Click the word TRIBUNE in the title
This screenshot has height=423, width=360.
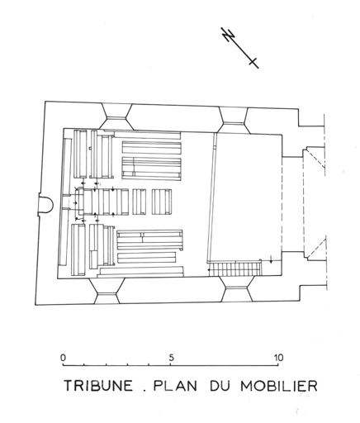coord(98,386)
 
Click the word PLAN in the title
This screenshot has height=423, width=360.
coord(175,386)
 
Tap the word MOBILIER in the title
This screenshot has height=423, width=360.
coord(279,386)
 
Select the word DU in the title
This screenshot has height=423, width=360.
coord(219,386)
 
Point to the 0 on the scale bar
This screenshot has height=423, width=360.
coord(64,358)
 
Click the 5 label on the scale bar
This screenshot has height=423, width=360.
coord(171,358)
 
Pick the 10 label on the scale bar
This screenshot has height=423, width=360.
coord(278,358)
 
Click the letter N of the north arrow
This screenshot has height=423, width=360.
coord(228,35)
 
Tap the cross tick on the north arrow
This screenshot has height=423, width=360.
coord(253,62)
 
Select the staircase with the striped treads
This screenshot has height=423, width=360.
coord(234,269)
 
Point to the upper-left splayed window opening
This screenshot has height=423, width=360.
coord(116,116)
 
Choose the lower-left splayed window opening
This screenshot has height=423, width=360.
coord(107,291)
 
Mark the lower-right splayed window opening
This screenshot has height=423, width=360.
coord(237,289)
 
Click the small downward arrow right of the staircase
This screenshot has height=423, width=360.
coord(271,259)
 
